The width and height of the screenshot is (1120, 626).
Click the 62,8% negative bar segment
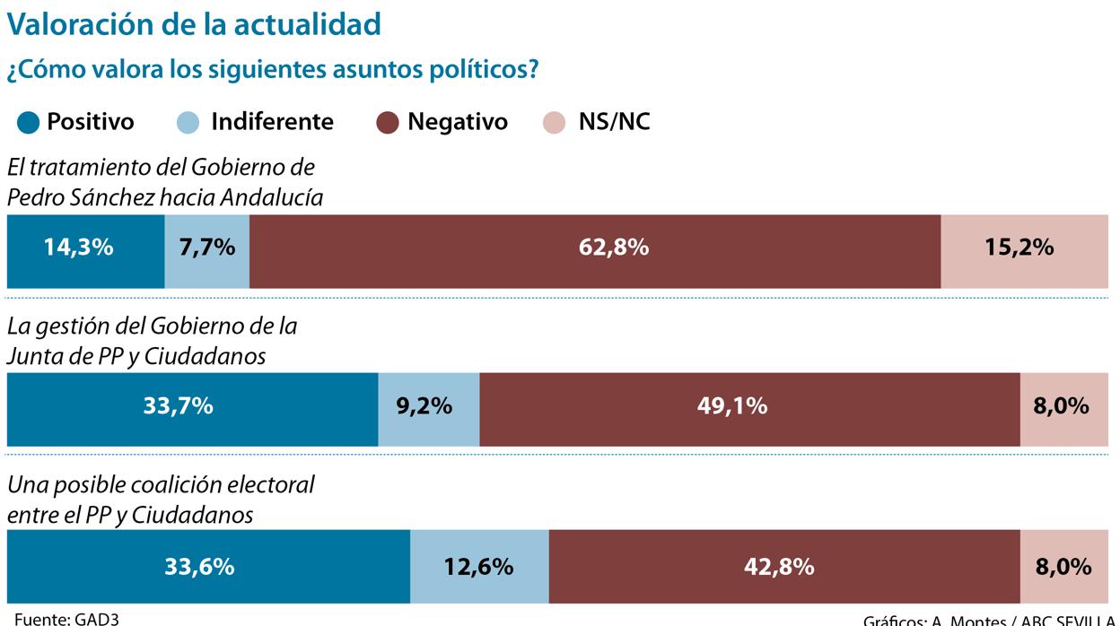pyautogui.click(x=594, y=251)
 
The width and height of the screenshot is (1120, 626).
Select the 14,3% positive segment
pyautogui.click(x=84, y=251)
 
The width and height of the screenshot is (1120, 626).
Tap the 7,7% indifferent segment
pyautogui.click(x=206, y=251)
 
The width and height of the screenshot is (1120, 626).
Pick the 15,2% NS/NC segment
pyautogui.click(x=1023, y=251)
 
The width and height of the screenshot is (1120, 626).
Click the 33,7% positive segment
pyautogui.click(x=191, y=409)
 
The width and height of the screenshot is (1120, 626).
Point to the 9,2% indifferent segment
pyautogui.click(x=428, y=409)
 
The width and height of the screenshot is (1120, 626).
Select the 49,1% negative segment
pyautogui.click(x=748, y=409)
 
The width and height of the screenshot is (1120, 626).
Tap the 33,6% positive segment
pyautogui.click(x=207, y=567)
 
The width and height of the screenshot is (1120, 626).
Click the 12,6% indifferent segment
pyautogui.click(x=478, y=567)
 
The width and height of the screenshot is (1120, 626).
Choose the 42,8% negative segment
pyautogui.click(x=783, y=567)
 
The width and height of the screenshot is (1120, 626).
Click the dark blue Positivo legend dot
pyautogui.click(x=29, y=122)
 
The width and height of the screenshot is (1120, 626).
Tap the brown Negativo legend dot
pyautogui.click(x=387, y=122)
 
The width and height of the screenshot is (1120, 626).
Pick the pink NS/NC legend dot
pyautogui.click(x=555, y=122)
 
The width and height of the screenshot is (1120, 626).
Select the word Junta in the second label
pyautogui.click(x=34, y=356)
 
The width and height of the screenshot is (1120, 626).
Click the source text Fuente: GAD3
pyautogui.click(x=66, y=619)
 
